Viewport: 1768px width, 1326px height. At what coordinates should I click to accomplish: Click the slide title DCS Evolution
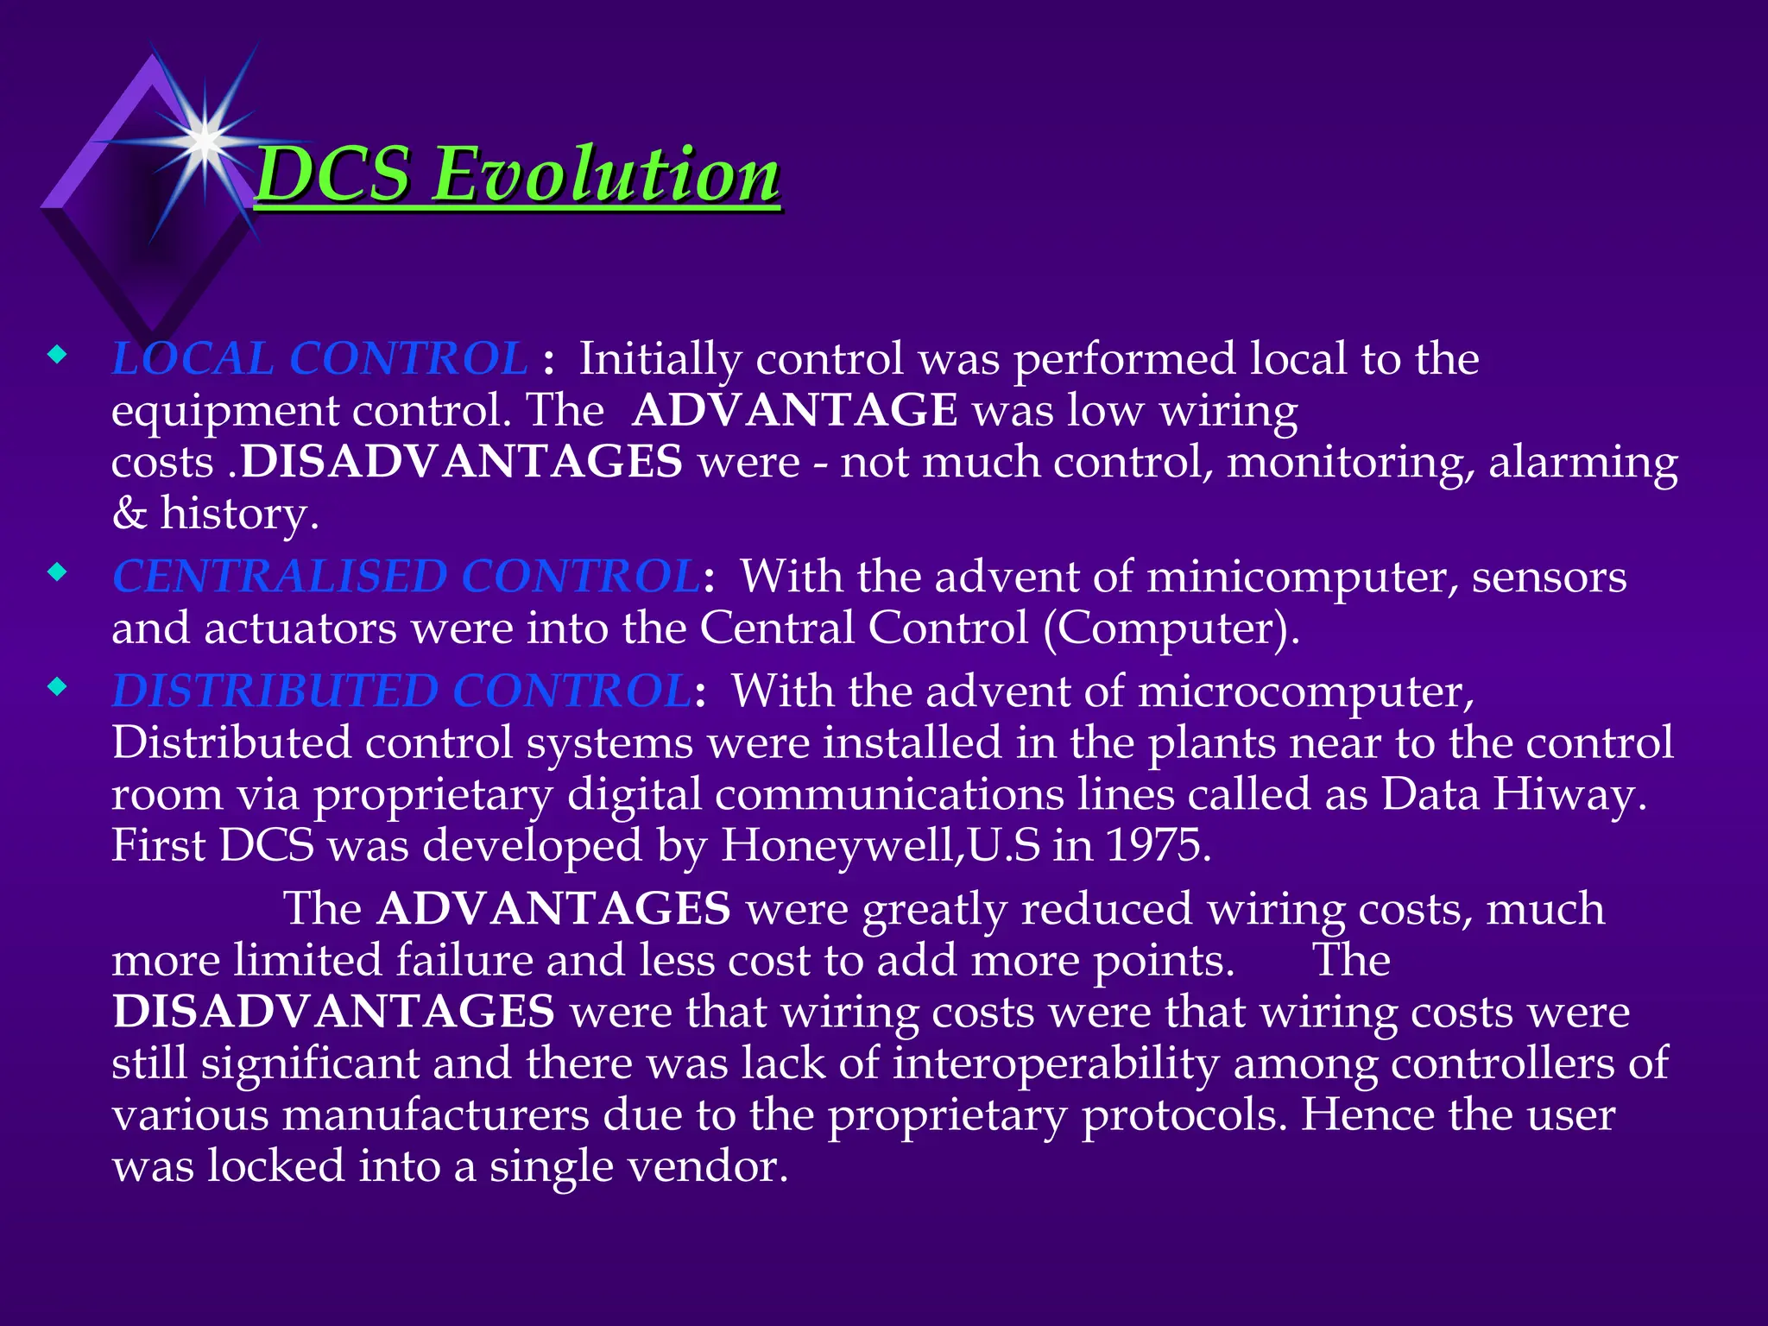pyautogui.click(x=518, y=174)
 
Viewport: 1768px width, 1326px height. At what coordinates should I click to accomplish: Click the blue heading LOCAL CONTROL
pyautogui.click(x=319, y=359)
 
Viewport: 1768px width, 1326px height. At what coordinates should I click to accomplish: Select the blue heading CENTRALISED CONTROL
pyautogui.click(x=406, y=577)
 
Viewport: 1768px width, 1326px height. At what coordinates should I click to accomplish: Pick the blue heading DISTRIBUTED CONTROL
pyautogui.click(x=401, y=691)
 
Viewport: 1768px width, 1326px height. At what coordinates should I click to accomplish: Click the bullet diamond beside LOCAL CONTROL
pyautogui.click(x=57, y=354)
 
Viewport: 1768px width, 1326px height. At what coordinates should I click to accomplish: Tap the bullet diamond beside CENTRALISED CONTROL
pyautogui.click(x=57, y=571)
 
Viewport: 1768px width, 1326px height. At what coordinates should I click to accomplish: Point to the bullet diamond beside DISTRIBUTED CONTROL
pyautogui.click(x=57, y=687)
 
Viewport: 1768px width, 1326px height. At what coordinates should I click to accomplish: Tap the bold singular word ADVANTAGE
pyautogui.click(x=794, y=410)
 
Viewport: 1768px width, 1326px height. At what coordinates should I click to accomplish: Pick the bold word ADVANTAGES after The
pyautogui.click(x=554, y=909)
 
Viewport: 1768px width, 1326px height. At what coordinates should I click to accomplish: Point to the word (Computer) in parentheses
pyautogui.click(x=1171, y=628)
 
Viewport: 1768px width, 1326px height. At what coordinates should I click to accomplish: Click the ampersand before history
pyautogui.click(x=129, y=514)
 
